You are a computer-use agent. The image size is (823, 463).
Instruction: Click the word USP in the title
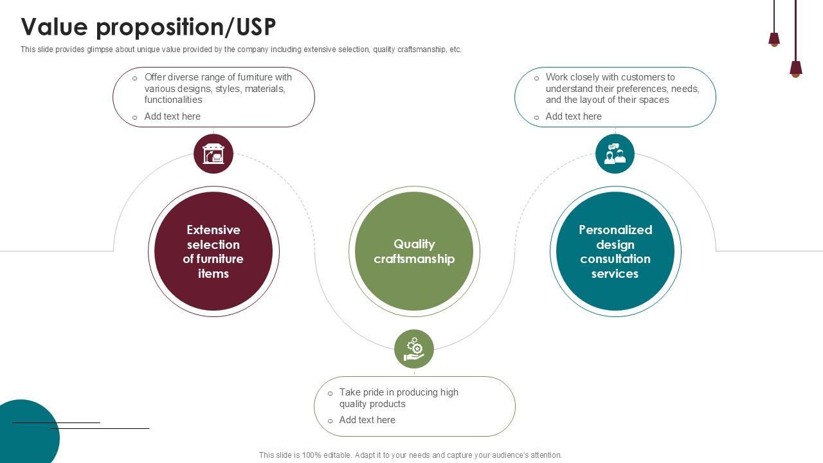tap(256, 26)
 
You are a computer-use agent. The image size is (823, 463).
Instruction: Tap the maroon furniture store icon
tap(213, 154)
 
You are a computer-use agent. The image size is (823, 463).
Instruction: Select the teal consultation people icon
tap(615, 154)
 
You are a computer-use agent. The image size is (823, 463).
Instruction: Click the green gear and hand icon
tap(414, 349)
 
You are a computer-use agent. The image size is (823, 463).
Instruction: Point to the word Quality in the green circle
tap(414, 244)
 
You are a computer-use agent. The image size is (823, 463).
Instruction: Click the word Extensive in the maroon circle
tap(213, 230)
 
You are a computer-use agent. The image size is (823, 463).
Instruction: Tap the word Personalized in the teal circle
tap(615, 230)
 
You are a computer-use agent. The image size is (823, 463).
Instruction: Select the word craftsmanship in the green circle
tap(414, 259)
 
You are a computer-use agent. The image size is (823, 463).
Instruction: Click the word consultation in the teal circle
tap(615, 259)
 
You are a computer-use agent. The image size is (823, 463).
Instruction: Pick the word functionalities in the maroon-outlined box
tap(173, 100)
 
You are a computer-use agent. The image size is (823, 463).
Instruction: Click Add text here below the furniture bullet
tap(172, 116)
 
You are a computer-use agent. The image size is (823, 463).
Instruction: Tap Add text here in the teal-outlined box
tap(574, 116)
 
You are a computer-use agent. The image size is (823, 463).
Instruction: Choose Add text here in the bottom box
tap(367, 420)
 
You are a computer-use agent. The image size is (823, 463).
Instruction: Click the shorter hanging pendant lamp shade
tap(774, 39)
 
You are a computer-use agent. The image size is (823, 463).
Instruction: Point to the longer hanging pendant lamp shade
tap(796, 69)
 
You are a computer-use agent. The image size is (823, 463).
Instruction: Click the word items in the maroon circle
tap(213, 273)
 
